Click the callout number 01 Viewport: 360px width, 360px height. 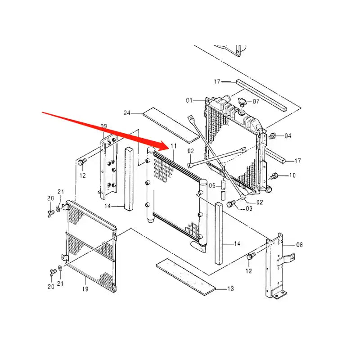pos(189,100)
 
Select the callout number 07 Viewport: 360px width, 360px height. pos(256,101)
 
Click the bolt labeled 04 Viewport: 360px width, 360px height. pos(272,136)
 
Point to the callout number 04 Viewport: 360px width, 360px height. pos(288,136)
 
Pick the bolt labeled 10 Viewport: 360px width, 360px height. pos(274,176)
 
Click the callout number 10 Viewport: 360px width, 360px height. pos(292,175)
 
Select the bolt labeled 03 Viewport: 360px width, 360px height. pos(231,203)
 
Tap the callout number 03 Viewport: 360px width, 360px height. pos(249,209)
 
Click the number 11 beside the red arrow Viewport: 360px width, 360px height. pos(174,146)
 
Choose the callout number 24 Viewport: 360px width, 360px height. pos(127,113)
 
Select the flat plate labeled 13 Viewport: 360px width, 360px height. pos(186,277)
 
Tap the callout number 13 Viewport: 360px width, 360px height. pos(230,288)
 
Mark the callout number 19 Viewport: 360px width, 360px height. pos(85,289)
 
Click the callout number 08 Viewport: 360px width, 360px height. pos(299,245)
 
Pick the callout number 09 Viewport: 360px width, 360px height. pos(103,126)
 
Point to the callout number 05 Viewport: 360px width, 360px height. pos(212,185)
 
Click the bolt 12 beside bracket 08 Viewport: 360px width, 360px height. pos(251,256)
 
